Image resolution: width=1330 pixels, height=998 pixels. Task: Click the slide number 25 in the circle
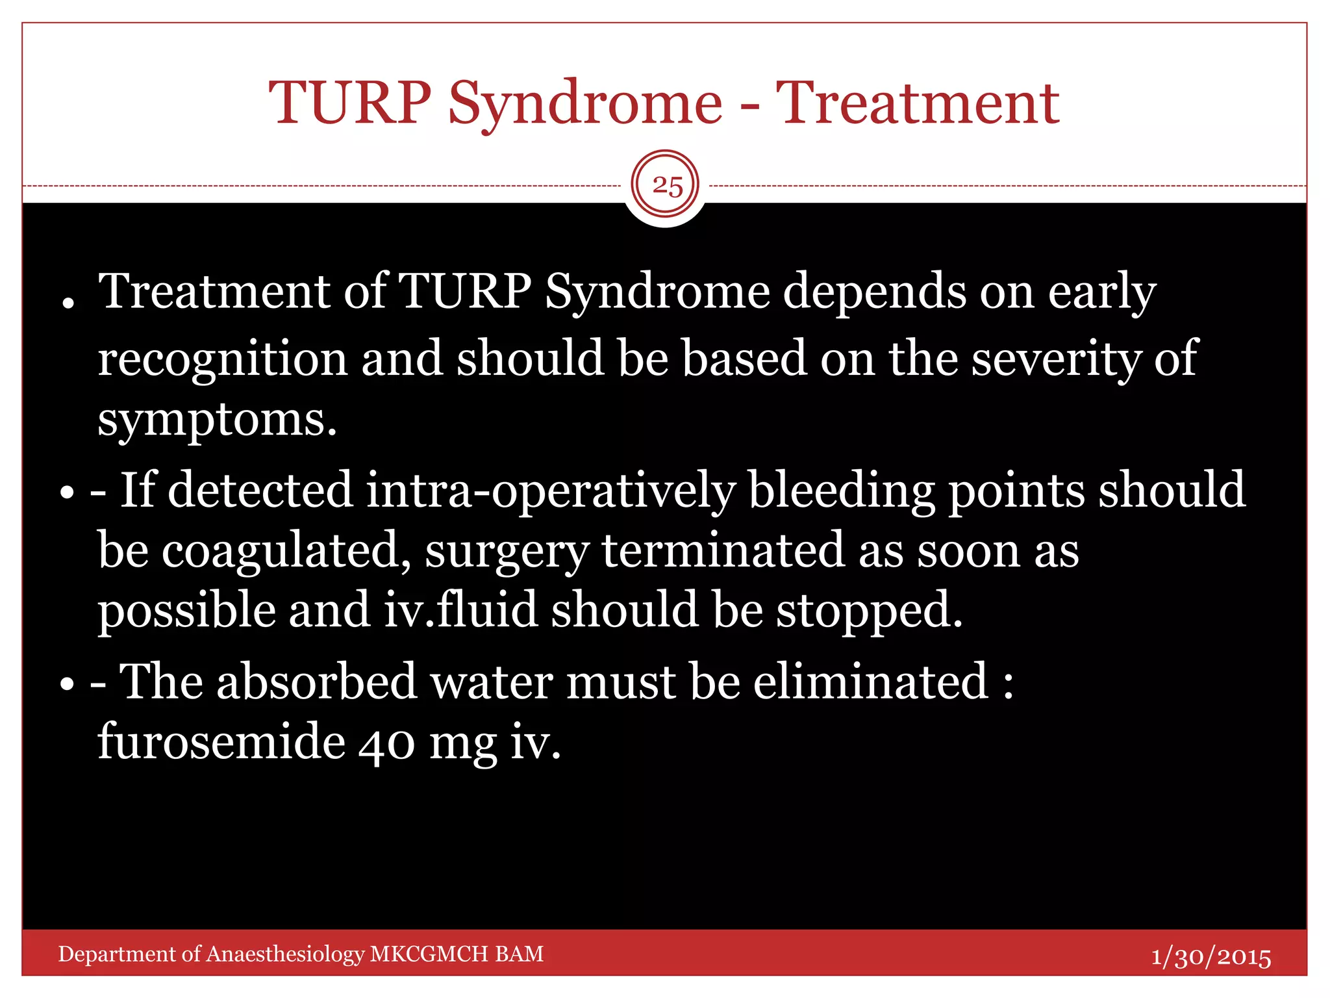pos(667,186)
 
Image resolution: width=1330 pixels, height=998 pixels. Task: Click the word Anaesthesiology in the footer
pos(286,954)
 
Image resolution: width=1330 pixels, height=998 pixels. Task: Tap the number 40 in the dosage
pos(386,743)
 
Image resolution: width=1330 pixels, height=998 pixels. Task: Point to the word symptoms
pos(217,420)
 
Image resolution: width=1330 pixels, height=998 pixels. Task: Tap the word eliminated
pos(870,682)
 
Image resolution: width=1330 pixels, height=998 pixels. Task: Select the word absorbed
pos(316,682)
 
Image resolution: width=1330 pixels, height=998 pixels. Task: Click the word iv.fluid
pos(460,611)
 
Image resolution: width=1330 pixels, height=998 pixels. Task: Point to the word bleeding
pos(842,491)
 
